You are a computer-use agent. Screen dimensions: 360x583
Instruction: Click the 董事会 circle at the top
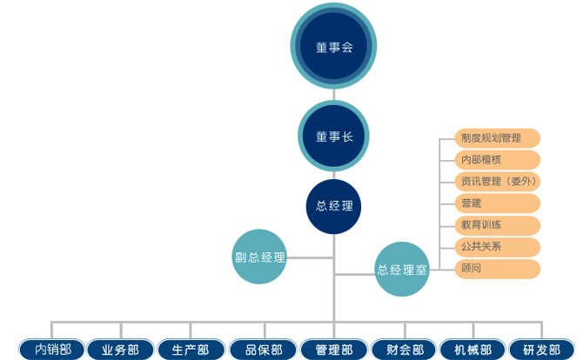pos(334,47)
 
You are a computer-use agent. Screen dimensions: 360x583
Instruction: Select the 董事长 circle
pos(334,136)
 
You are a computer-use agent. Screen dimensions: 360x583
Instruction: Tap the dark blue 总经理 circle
pos(334,206)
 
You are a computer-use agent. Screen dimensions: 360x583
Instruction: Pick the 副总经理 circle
pos(259,257)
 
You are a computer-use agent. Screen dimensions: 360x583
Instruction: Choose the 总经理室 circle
pos(402,270)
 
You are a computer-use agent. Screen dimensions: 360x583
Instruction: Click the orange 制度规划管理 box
pos(498,138)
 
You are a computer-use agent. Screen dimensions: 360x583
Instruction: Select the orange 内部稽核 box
pos(498,160)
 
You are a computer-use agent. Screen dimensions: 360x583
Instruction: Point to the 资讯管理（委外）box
pos(498,182)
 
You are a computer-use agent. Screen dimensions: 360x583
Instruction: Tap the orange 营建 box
pos(498,203)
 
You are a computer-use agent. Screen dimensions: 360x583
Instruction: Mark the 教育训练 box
pos(498,224)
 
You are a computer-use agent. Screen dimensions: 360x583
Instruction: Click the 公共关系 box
pos(498,246)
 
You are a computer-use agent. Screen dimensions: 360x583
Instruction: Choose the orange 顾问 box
pos(498,269)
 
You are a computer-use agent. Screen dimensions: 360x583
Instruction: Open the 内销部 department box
pos(52,350)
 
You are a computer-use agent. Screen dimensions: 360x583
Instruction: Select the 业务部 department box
pos(121,350)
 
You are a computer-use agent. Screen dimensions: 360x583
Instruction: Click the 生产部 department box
pos(191,350)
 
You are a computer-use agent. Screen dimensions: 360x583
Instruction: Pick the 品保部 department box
pos(264,350)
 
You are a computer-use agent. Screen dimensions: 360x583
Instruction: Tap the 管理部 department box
pos(334,350)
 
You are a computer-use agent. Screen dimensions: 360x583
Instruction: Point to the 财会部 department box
pos(405,350)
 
